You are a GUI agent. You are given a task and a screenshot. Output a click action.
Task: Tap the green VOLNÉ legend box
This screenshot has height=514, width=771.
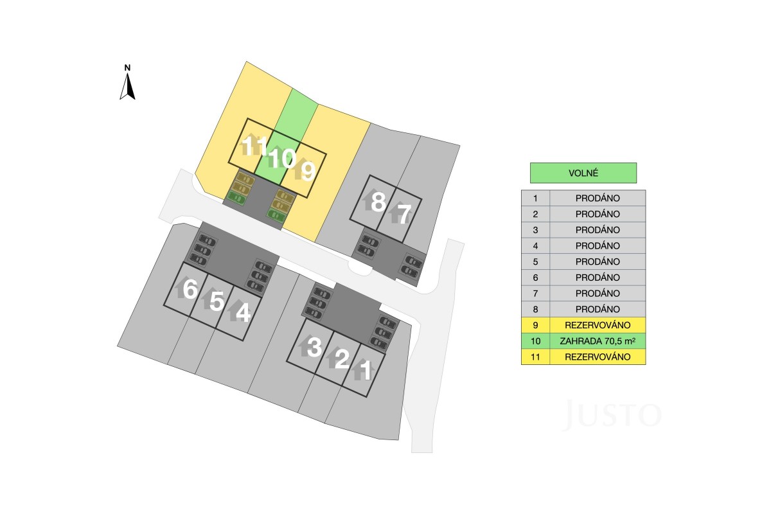583,173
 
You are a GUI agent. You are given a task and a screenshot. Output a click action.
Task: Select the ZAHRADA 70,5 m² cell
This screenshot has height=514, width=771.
598,341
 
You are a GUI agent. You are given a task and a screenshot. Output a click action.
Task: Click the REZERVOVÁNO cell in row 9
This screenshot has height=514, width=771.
598,325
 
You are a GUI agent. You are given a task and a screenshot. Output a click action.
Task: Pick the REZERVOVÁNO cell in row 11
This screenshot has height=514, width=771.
598,357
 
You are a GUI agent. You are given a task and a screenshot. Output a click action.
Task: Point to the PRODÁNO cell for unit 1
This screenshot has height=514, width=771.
598,198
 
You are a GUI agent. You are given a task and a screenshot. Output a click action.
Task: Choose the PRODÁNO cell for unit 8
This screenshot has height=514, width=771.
598,309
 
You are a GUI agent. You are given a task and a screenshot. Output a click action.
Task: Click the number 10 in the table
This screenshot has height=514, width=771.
535,341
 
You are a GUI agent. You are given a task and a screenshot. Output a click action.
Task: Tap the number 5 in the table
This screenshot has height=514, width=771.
535,261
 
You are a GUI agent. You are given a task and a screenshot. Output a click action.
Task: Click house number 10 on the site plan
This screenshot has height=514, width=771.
282,158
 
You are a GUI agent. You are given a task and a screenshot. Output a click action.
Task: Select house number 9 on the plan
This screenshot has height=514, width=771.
308,171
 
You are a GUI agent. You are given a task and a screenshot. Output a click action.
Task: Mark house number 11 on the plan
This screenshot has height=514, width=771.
254,145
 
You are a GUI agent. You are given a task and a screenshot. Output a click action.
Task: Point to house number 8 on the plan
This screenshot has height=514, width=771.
378,202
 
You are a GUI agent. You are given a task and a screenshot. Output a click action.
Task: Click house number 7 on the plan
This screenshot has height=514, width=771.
404,214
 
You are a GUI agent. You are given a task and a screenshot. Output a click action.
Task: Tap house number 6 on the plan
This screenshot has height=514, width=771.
190,288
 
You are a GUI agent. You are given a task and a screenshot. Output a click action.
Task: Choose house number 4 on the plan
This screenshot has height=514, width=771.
243,313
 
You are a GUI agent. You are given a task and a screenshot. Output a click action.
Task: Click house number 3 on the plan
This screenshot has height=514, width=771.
314,347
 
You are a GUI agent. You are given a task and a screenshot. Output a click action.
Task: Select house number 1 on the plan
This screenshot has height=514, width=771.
366,370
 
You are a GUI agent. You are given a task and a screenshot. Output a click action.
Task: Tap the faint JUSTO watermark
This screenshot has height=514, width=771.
612,414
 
